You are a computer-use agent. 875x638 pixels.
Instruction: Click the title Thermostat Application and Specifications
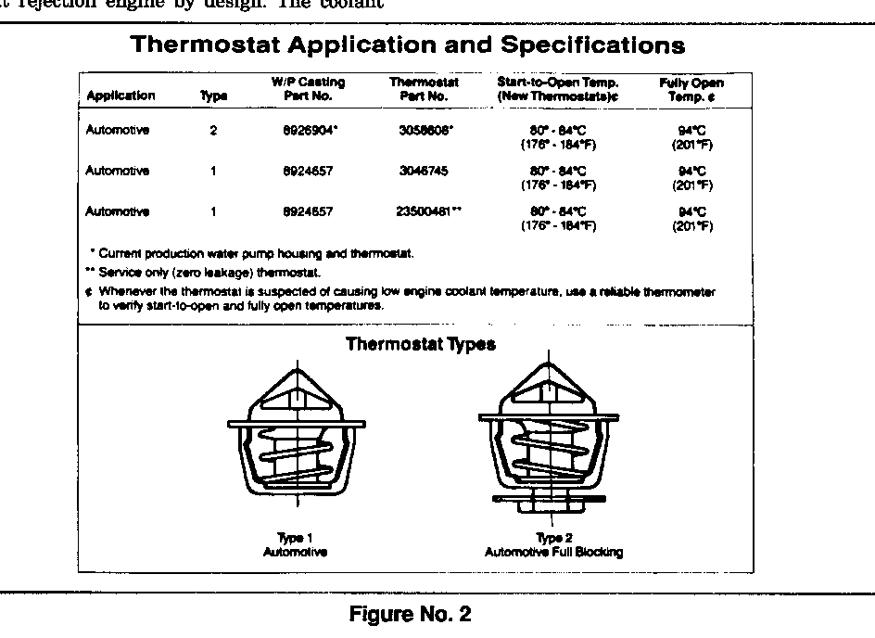[x=408, y=45]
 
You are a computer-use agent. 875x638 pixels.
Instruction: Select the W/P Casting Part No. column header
[x=308, y=88]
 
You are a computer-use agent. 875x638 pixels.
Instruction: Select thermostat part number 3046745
[x=424, y=172]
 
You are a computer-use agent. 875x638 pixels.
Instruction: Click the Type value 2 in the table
[x=213, y=131]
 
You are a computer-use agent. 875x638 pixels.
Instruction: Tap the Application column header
[x=120, y=96]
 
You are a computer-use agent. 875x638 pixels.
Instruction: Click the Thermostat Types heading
[x=420, y=345]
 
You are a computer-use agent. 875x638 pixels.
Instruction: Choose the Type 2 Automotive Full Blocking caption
[x=553, y=545]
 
